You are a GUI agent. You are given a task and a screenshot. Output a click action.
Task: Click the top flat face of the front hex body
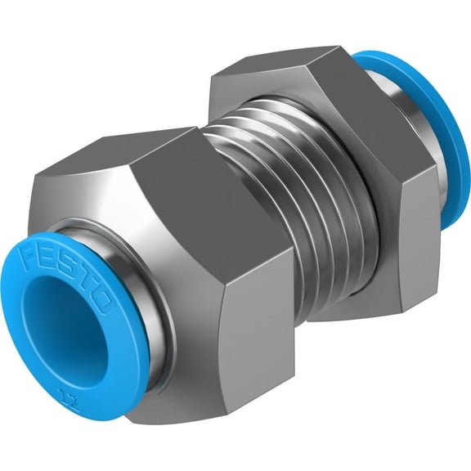tap(147, 164)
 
